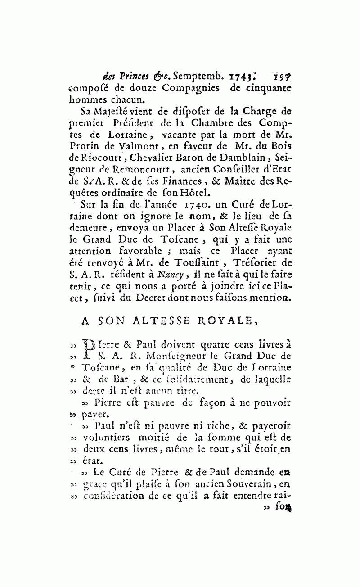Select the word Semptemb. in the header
[192, 76]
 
